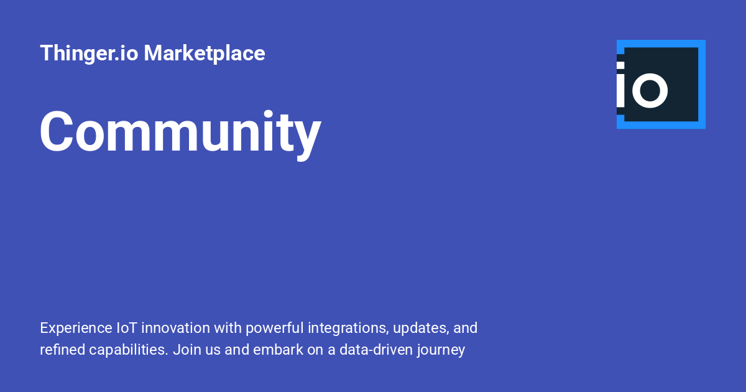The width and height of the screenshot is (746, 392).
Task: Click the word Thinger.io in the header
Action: tap(89, 54)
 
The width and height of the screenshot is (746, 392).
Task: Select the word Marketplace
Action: tap(205, 54)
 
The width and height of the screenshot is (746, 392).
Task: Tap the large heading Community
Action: tap(180, 132)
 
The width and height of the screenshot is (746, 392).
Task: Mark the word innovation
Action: tap(175, 328)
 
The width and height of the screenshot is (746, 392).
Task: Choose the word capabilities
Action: tap(129, 350)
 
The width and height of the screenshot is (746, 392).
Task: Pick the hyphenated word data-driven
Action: tap(368, 350)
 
